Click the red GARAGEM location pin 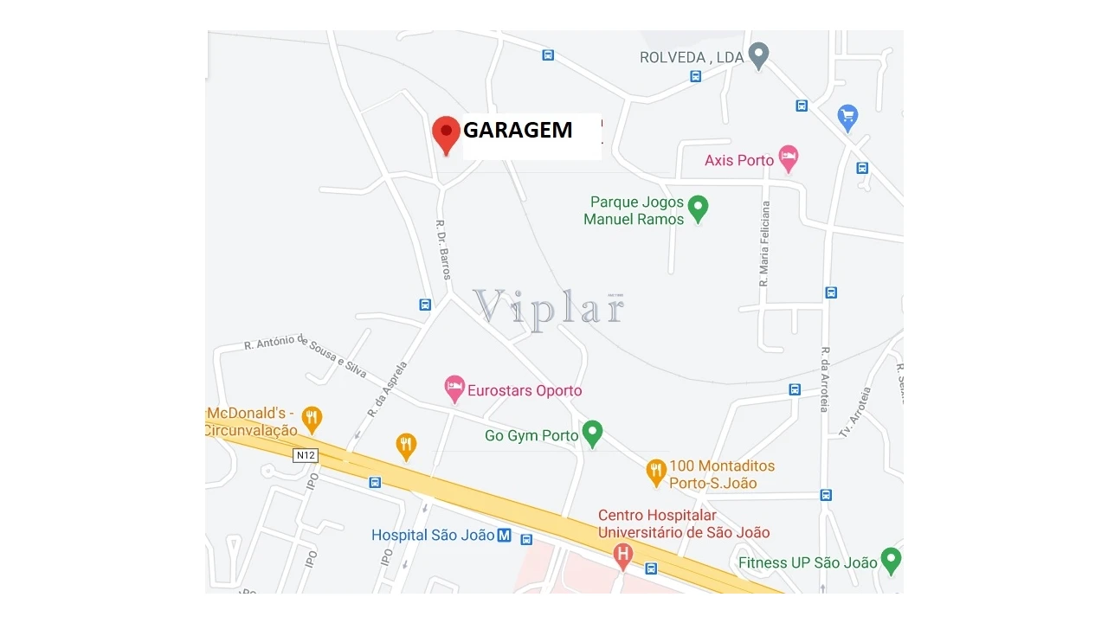pos(446,133)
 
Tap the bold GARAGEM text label pos(518,131)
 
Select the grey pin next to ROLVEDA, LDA pos(759,55)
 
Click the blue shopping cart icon pos(847,116)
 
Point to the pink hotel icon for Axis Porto pos(788,157)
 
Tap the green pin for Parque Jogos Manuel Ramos pos(698,208)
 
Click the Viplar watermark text pos(549,307)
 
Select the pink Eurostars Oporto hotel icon pos(454,389)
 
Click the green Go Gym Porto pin pos(592,433)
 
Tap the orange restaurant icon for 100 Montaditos pos(656,472)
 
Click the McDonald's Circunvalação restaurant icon pos(312,419)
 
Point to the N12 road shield pos(306,455)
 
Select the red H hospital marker pos(622,555)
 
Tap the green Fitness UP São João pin pos(890,560)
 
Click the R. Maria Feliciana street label pos(764,244)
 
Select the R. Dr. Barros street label pos(443,248)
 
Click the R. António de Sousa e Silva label pos(306,355)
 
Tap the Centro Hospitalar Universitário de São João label pos(683,524)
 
